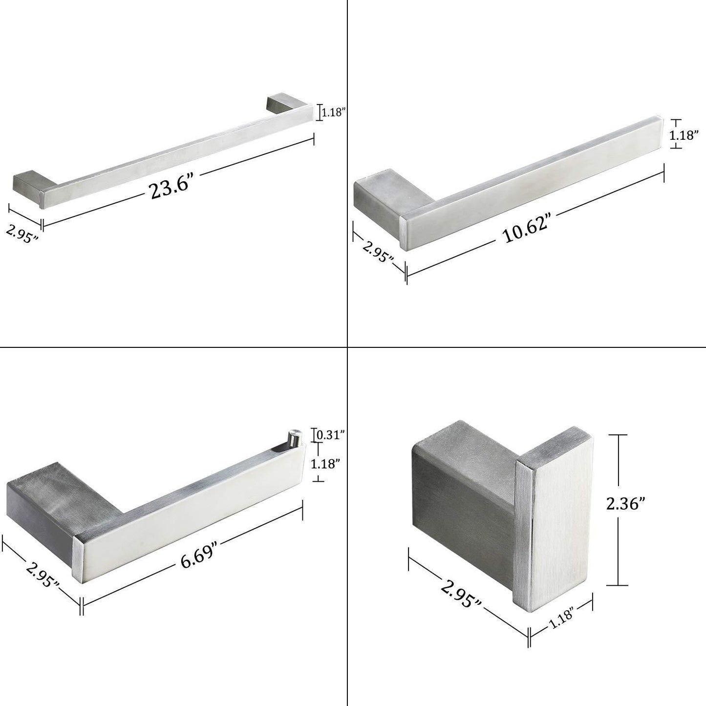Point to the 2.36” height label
point(626,505)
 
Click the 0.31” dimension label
point(330,435)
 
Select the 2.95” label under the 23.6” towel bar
point(22,233)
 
